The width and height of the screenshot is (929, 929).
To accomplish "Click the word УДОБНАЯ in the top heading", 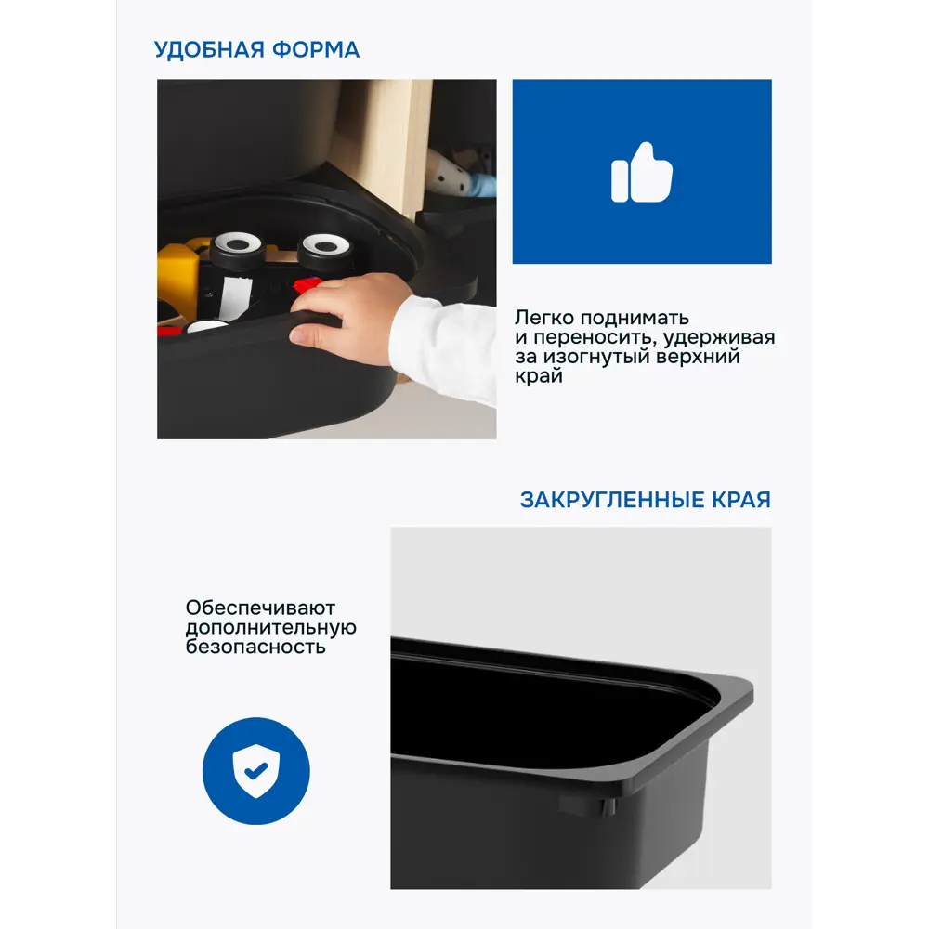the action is pos(208,50).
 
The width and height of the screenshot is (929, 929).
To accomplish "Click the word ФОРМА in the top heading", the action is pos(316,50).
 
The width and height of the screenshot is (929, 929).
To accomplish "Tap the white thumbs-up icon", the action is pos(642,173).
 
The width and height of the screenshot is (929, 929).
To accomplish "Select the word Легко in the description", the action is pos(543,318).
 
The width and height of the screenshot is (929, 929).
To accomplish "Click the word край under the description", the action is pos(539,376).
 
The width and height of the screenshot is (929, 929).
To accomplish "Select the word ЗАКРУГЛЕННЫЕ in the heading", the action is pos(612,500).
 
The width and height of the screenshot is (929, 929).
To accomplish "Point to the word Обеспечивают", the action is pos(260,608).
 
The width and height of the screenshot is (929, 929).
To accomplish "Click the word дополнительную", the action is pos(270,627).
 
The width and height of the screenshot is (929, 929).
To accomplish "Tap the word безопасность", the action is pos(255,647).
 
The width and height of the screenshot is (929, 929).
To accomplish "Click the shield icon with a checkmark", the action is pos(256,771).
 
